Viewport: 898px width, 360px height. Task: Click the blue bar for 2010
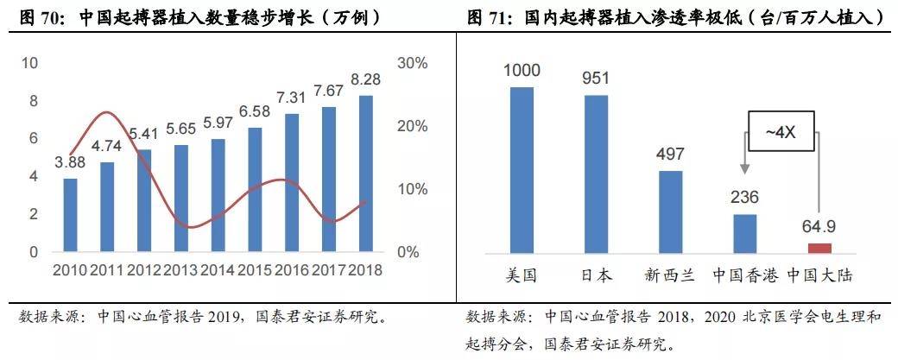click(x=70, y=215)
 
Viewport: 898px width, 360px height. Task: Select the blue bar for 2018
click(x=366, y=174)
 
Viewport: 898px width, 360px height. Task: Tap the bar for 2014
click(x=218, y=195)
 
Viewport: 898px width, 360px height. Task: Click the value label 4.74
click(x=106, y=145)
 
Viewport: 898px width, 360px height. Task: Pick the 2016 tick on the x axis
click(x=292, y=269)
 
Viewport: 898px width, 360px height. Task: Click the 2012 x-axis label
click(x=144, y=269)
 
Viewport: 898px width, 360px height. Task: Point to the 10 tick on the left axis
click(x=29, y=63)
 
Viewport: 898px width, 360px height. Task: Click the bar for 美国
click(x=522, y=170)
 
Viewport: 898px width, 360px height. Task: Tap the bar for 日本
click(x=596, y=174)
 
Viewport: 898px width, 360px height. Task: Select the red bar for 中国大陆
click(x=819, y=248)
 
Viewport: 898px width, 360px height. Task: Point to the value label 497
click(x=670, y=155)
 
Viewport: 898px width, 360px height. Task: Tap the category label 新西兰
click(x=670, y=276)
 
